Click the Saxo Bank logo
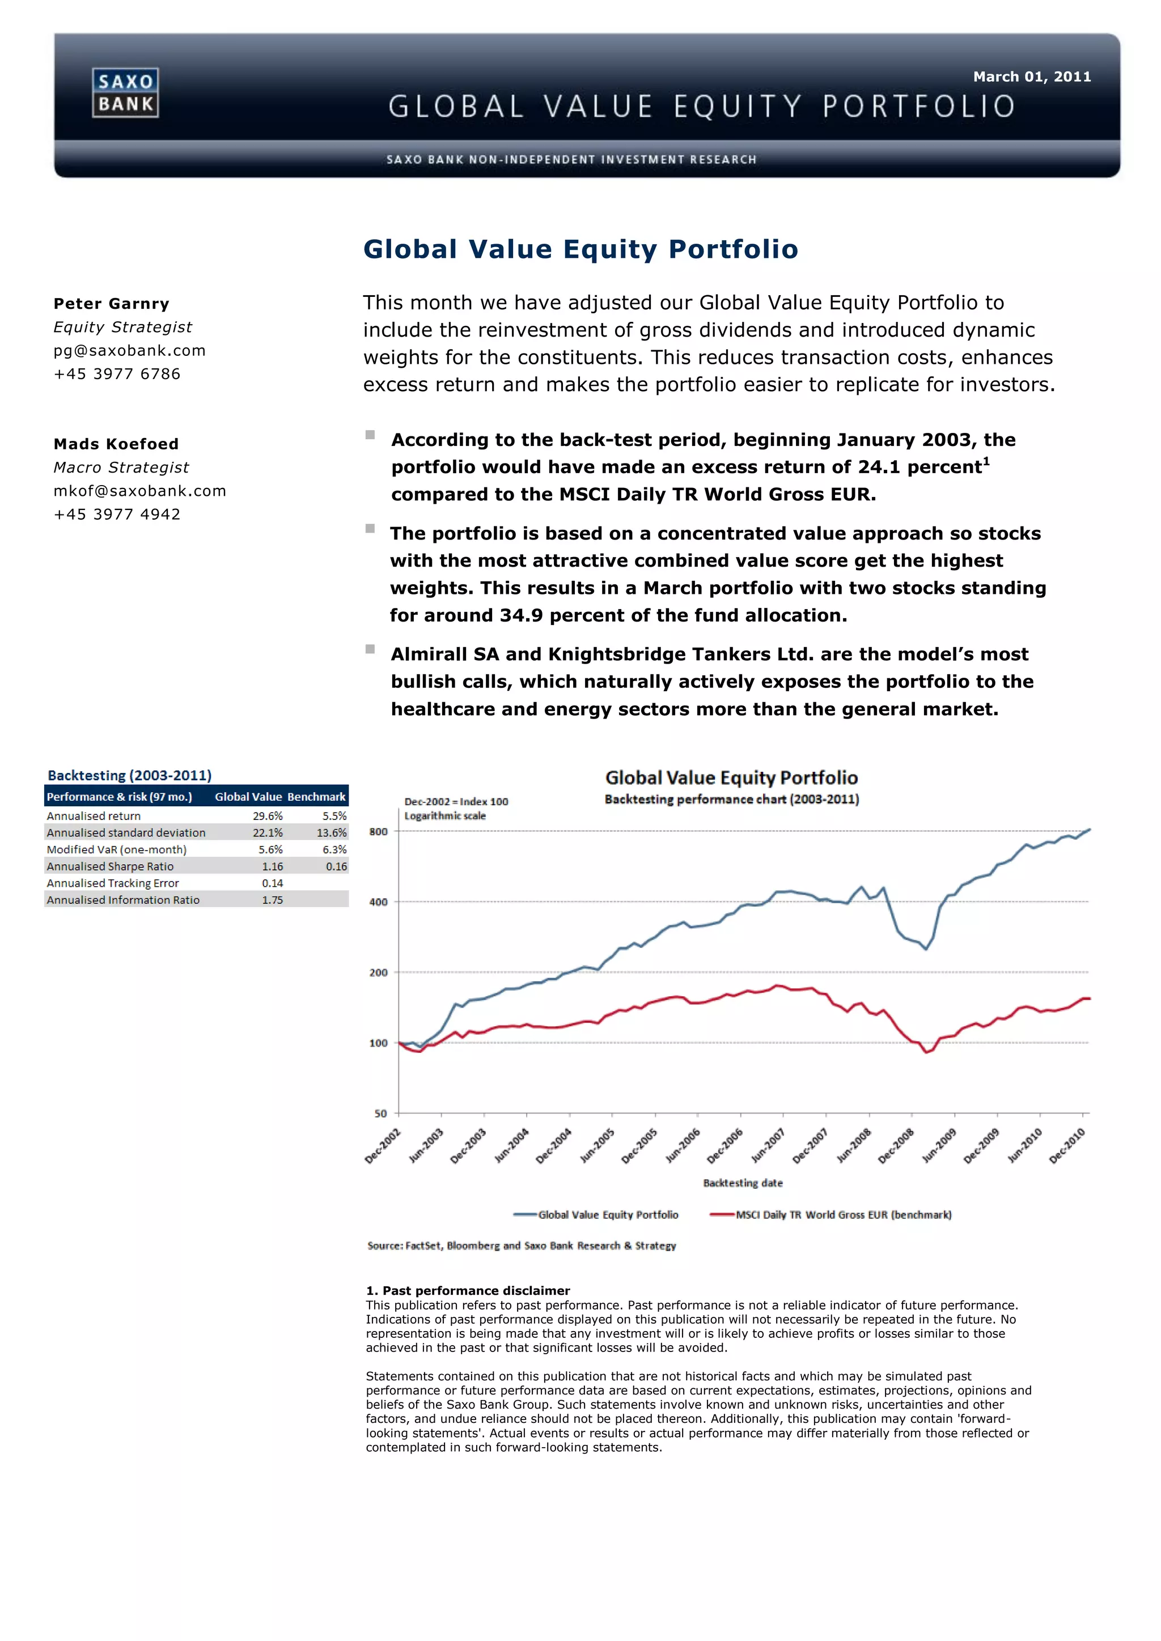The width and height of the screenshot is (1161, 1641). (x=125, y=93)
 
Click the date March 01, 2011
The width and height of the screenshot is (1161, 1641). (x=1032, y=76)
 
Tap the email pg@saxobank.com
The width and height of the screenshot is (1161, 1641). (x=129, y=350)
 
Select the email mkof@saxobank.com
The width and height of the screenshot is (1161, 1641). (x=139, y=491)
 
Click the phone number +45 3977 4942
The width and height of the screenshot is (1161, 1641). (x=117, y=515)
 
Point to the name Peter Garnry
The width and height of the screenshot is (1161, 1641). (x=112, y=304)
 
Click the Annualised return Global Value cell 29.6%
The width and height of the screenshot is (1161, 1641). (x=268, y=816)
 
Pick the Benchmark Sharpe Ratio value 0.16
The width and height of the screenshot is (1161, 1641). (x=336, y=866)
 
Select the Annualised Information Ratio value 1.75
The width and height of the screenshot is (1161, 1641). (x=272, y=900)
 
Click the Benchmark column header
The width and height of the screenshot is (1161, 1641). (x=316, y=797)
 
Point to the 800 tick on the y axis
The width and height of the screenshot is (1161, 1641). (x=378, y=832)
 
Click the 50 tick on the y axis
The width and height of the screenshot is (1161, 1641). (x=380, y=1113)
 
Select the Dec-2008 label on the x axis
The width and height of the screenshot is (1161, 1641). (x=896, y=1146)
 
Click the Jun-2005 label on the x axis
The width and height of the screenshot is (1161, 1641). (x=597, y=1146)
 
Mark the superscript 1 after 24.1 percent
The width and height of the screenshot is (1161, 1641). (x=986, y=461)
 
